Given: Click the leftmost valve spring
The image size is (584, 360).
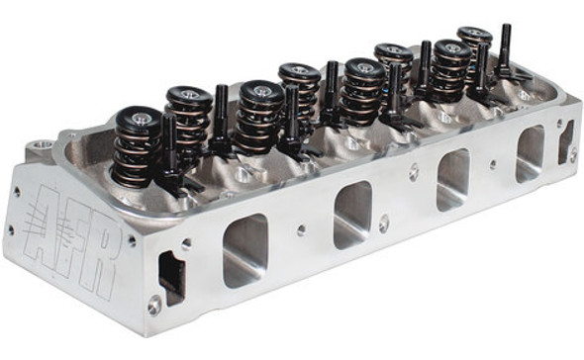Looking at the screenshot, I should point(138,148).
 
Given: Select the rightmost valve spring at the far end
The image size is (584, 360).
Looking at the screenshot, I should point(474,49).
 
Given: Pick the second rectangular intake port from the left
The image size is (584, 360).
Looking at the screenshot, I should point(352,215).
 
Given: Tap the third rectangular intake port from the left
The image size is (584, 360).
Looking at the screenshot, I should point(452,179).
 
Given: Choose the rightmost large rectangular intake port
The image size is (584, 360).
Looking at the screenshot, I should point(530,153).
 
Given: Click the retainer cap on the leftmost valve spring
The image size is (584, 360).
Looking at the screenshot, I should point(139,121).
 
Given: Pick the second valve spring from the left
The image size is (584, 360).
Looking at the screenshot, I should point(188,117).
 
